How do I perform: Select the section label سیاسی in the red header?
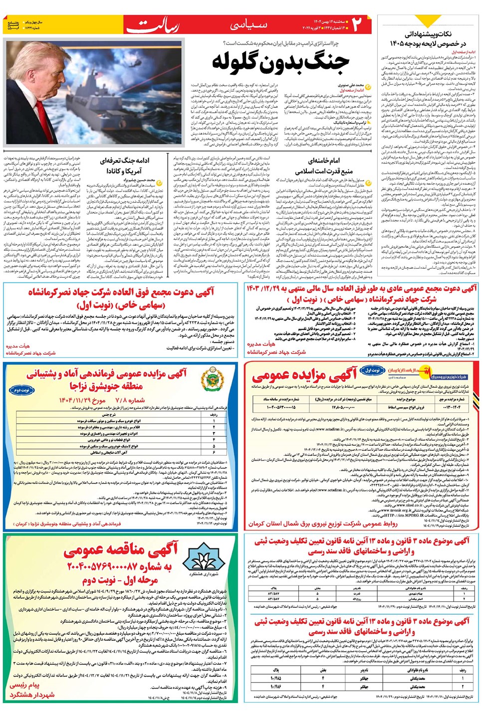point(248,25)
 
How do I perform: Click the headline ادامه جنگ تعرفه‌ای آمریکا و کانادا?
point(124,166)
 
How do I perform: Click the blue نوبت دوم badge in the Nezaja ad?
point(21,390)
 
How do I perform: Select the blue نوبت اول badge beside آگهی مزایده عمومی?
point(372,370)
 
